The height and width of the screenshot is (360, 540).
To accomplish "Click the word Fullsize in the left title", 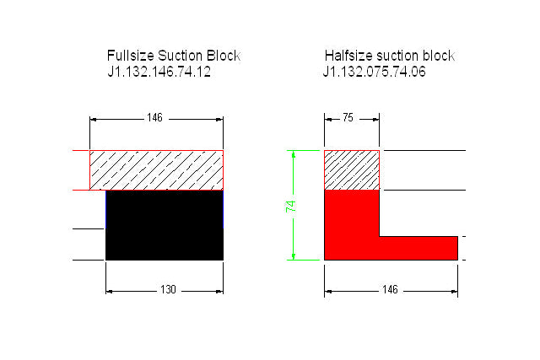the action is tap(131, 56).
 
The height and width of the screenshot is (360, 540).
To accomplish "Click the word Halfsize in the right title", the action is tap(348, 56).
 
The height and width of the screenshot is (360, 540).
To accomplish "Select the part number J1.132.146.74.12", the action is tap(159, 72).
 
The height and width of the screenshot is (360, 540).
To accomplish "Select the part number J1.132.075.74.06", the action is tap(375, 72).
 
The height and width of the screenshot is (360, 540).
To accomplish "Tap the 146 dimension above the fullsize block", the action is tap(154, 118).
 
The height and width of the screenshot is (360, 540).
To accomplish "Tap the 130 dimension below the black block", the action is tap(168, 289).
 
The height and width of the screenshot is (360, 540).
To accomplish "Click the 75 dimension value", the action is tap(348, 118).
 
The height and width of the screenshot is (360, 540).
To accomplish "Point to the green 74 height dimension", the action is tap(290, 207).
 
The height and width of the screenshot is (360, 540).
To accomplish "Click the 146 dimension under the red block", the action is tap(390, 289).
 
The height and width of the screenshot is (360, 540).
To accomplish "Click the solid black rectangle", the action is tap(165, 225).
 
